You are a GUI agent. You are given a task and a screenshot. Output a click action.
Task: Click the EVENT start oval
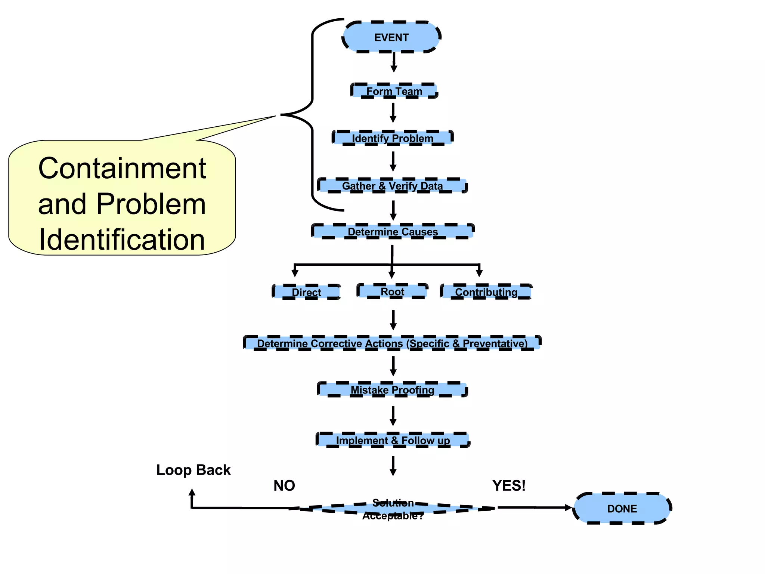(391, 37)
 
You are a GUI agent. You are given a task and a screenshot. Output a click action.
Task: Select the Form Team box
(394, 91)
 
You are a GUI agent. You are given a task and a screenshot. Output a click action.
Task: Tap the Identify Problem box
(393, 138)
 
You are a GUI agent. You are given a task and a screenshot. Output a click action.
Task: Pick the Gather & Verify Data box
(392, 186)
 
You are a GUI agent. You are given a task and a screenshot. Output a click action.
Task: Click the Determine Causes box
(393, 231)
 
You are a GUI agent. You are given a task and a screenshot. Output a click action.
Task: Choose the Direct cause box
(306, 292)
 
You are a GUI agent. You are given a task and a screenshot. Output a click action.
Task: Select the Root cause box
(392, 291)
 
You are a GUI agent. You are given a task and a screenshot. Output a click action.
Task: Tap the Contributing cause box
(486, 291)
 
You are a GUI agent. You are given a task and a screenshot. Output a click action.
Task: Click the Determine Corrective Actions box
(392, 343)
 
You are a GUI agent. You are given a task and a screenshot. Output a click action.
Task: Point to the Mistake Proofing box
(392, 390)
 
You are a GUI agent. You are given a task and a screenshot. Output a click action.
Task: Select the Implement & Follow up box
(393, 440)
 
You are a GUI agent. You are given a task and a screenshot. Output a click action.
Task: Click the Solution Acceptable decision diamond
(393, 509)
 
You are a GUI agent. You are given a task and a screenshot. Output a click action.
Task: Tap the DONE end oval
(622, 508)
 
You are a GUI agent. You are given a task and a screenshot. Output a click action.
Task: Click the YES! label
(509, 485)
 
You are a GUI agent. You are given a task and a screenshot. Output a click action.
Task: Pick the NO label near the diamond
(284, 485)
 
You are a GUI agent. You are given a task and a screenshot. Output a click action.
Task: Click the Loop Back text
(193, 470)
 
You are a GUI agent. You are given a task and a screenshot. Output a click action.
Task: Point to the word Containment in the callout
(122, 169)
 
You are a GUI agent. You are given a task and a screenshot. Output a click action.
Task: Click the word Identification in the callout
(122, 240)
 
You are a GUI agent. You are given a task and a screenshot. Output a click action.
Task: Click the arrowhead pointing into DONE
(568, 507)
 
